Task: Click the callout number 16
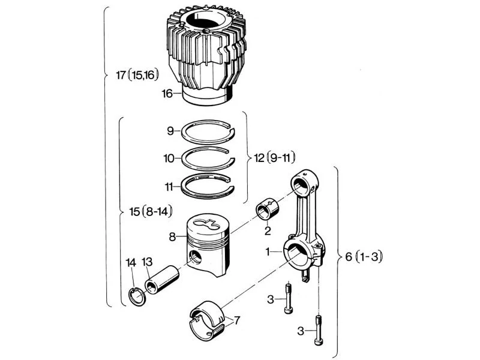(x=167, y=94)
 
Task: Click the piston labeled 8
(x=208, y=245)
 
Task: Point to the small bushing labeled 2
(x=268, y=209)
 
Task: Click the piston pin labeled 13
(x=162, y=279)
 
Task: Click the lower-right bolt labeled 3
(x=318, y=330)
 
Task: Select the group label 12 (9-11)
(x=275, y=158)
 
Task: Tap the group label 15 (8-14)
(x=151, y=211)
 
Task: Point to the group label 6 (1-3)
(x=364, y=257)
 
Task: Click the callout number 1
(x=268, y=251)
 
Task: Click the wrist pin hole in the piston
(x=195, y=257)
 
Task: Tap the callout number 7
(x=236, y=320)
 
